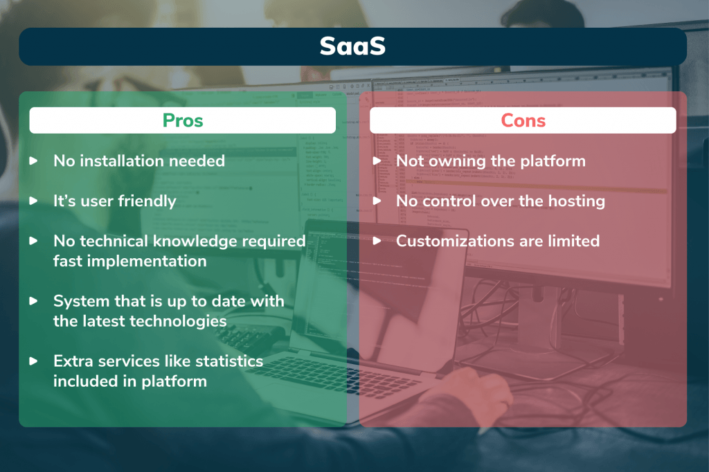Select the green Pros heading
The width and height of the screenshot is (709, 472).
click(x=183, y=120)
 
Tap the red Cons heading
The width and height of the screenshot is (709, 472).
click(x=523, y=120)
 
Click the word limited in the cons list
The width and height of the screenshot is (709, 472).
click(x=574, y=241)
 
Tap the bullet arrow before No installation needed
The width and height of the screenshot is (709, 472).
click(x=33, y=161)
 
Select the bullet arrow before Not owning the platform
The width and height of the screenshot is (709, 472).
click(x=377, y=161)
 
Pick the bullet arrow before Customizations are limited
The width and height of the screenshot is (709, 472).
click(x=377, y=241)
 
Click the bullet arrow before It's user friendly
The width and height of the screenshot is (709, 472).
click(x=33, y=201)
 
